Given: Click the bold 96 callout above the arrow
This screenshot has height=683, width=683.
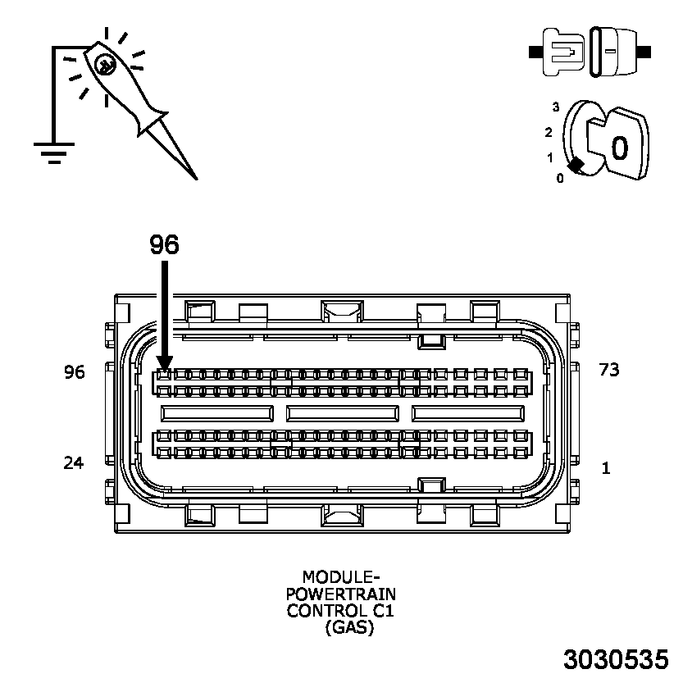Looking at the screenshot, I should tap(164, 244).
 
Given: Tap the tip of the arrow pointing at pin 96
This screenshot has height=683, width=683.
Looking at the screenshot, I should tap(165, 369).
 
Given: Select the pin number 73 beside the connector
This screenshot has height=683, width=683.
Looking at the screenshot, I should tap(608, 370).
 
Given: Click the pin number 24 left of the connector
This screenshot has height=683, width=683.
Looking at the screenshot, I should tap(74, 463).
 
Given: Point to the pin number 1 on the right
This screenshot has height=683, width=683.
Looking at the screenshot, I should tap(606, 468).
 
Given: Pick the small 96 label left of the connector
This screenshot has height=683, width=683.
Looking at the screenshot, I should tap(74, 372).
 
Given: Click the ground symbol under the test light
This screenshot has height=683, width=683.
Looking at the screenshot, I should tap(54, 153).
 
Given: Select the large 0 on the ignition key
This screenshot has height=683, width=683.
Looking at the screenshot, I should tap(620, 148).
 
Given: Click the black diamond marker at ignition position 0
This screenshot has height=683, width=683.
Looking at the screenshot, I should tap(576, 165).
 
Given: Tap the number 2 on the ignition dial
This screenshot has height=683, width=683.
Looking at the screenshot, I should tap(548, 132).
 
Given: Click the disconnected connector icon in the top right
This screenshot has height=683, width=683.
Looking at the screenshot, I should tap(590, 51).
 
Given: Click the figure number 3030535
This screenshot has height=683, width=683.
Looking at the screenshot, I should tap(615, 660).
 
